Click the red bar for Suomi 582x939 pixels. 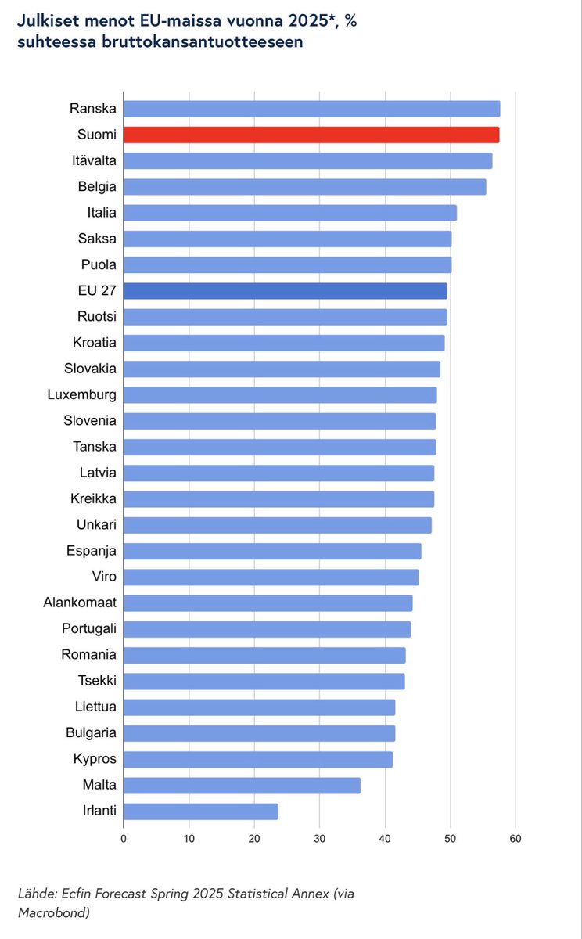coord(311,135)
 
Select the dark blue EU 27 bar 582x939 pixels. coord(286,291)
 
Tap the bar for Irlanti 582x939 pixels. coord(200,811)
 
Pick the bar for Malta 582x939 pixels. coord(242,786)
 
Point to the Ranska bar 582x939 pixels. coord(311,109)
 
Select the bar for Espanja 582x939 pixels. coord(272,551)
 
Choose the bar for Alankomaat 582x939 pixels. coord(268,603)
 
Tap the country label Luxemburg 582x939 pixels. coord(81,394)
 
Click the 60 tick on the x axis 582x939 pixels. coord(515,839)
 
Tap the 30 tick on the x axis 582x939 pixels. coord(319,839)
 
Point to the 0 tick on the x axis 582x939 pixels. coord(124,839)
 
